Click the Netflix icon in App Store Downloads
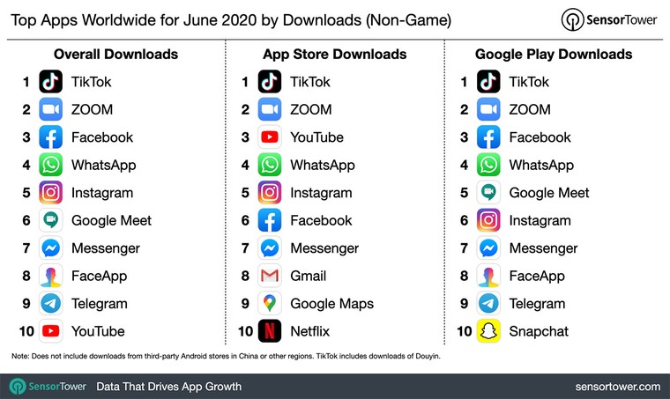coord(270,331)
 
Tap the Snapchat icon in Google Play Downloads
coord(488,331)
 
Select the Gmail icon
coord(270,276)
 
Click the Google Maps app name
coord(331,304)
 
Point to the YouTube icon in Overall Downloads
coord(51,331)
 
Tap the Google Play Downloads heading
coord(554,55)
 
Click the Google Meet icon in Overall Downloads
coord(51,220)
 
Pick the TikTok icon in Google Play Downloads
coord(488,82)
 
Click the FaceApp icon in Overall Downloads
coord(51,276)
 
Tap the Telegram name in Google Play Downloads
coord(537,304)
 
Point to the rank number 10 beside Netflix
coord(246,331)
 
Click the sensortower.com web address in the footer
coord(616,386)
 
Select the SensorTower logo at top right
coord(608,20)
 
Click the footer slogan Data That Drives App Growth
coord(168,386)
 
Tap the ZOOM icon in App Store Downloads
coord(270,110)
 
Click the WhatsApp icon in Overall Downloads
coord(51,165)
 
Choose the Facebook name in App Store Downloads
coord(321,220)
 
